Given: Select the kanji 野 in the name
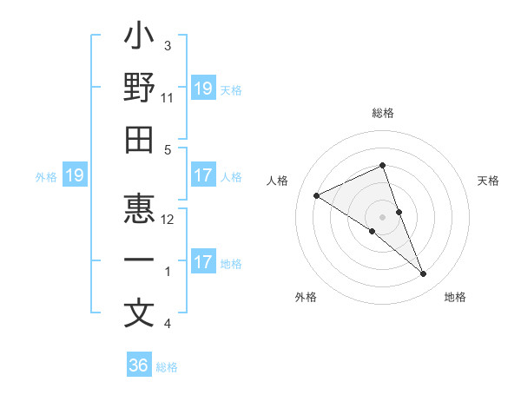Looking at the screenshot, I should [x=139, y=89].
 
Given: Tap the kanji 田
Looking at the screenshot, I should [x=139, y=140].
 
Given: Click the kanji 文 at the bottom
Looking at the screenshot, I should [x=139, y=313].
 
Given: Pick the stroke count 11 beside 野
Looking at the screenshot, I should [x=167, y=97].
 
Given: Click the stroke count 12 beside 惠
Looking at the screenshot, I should [x=168, y=220].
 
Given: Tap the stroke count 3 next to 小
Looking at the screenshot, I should [x=168, y=45].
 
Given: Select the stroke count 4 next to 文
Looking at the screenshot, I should [x=168, y=324].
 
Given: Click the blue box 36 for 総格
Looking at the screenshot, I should [x=139, y=365].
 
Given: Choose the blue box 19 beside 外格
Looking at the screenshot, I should [x=75, y=175].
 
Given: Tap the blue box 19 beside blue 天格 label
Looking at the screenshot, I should [x=203, y=88].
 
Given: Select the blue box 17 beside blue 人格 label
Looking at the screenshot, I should [x=203, y=175].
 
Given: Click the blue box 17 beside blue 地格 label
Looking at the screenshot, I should [x=203, y=262].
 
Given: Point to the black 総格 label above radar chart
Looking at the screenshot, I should [x=383, y=113].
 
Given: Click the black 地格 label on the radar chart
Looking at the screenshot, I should [x=455, y=297].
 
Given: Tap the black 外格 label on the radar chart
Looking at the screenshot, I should [x=306, y=297].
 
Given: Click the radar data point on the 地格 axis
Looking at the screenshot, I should [x=424, y=274].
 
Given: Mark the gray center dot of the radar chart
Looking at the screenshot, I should [x=383, y=215].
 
